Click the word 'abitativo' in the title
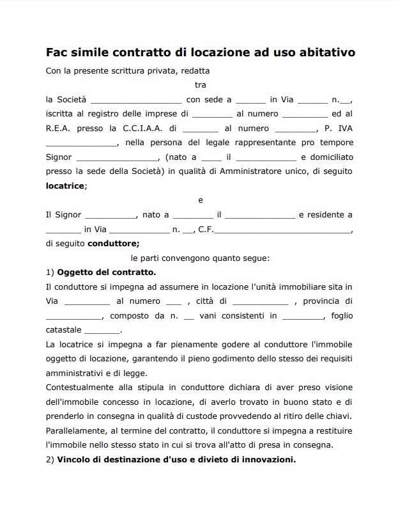tap(323, 52)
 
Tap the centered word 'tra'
tap(200, 84)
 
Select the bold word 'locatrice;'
tap(66, 185)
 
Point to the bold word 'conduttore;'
tap(113, 244)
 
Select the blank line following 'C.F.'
tap(282, 230)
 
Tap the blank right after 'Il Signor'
tap(110, 215)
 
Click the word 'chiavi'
tap(338, 416)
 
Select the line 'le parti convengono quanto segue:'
tap(200, 258)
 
